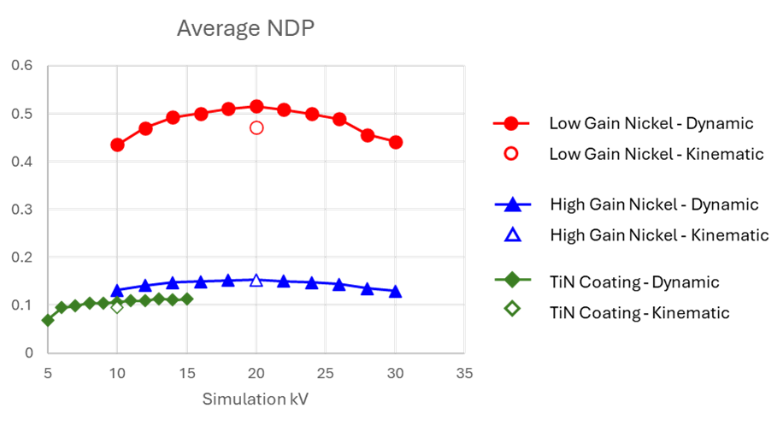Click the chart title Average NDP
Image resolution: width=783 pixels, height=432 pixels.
(x=245, y=29)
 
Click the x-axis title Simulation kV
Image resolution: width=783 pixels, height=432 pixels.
(x=255, y=399)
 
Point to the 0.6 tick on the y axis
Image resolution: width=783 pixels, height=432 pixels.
(x=22, y=65)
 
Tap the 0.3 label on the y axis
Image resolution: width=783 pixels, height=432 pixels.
(x=22, y=209)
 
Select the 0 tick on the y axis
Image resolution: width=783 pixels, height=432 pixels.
(x=28, y=352)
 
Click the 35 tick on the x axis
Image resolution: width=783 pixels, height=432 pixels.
(x=464, y=374)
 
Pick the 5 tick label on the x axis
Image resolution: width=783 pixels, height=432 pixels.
(x=48, y=374)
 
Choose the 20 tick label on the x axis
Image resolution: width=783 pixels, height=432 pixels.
(x=256, y=374)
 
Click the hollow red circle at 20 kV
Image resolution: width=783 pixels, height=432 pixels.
(x=256, y=127)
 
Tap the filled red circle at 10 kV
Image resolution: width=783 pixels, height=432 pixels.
(x=117, y=145)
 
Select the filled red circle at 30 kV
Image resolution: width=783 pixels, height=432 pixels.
(x=395, y=142)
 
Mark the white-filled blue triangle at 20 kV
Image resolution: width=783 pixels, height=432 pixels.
(x=256, y=280)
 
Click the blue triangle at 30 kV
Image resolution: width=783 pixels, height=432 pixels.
(x=395, y=292)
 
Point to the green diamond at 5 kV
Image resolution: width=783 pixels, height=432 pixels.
(x=48, y=320)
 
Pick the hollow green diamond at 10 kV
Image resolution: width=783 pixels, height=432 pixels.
(x=117, y=306)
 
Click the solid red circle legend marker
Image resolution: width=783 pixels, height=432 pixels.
(x=511, y=123)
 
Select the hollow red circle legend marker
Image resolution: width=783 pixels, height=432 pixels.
(x=511, y=153)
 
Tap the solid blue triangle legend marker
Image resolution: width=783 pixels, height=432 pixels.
(x=512, y=204)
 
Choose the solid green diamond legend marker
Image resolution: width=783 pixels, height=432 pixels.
(x=512, y=279)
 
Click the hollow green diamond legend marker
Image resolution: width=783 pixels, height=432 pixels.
(x=512, y=308)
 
